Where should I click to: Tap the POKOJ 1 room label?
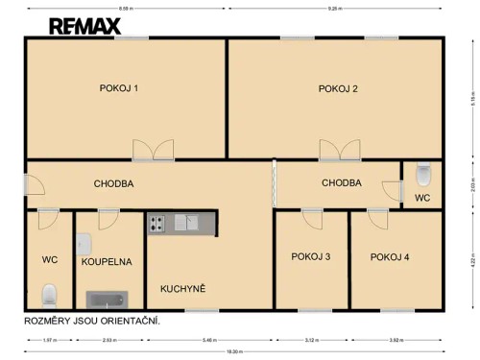coord(119,88)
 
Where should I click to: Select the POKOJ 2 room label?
coord(338,88)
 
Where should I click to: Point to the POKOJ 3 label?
coord(310,256)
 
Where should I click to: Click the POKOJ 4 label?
coord(390,256)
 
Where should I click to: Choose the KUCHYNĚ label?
coord(183,288)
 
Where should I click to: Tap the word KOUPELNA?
coord(107,260)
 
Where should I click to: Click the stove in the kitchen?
coord(156,224)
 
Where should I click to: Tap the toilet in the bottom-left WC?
coord(51,293)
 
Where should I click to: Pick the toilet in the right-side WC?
coord(423,175)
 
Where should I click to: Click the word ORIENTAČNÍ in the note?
coord(131,320)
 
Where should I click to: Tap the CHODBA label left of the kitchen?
coord(113,183)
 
